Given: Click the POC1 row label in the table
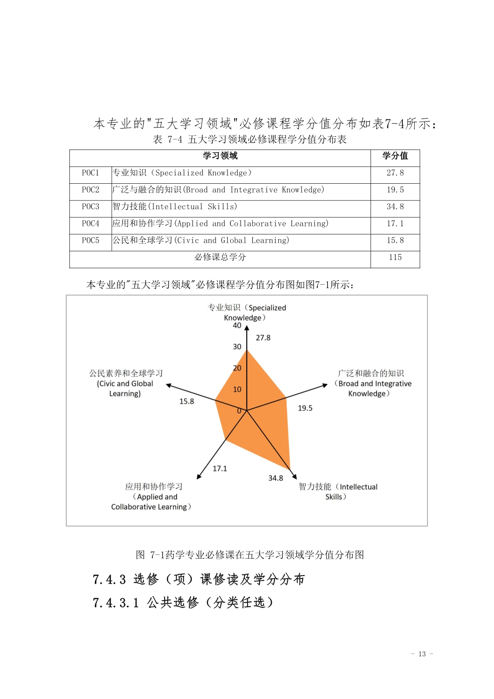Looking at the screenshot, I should tap(90, 173).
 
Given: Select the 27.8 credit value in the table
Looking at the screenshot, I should tap(395, 173).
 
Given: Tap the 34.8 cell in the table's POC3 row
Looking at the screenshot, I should tap(395, 207).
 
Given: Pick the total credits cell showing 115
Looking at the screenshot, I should tap(395, 257).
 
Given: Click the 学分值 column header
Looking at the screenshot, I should tap(395, 156).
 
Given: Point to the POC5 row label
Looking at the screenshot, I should tap(90, 241).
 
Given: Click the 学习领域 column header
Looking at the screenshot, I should tap(220, 156).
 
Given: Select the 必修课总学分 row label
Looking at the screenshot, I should tap(220, 257).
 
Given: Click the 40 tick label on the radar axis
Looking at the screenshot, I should tap(237, 326).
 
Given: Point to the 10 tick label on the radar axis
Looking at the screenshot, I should tap(237, 389).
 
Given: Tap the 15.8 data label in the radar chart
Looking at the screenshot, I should tap(186, 401).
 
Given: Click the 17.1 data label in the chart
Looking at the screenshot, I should tap(220, 469).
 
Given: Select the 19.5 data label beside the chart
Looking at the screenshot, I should tap(305, 408).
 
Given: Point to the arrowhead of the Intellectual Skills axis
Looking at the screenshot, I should tap(294, 476).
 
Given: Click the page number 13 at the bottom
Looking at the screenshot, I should tap(422, 654).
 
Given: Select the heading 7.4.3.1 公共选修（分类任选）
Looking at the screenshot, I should tap(183, 603).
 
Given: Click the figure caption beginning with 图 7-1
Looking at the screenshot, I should tap(250, 555).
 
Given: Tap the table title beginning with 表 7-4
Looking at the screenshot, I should tap(250, 139).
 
